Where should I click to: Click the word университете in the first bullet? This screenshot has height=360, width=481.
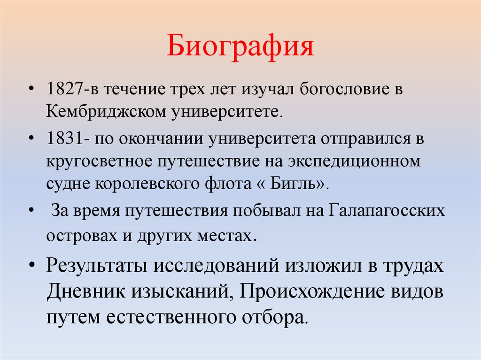click(x=223, y=112)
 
